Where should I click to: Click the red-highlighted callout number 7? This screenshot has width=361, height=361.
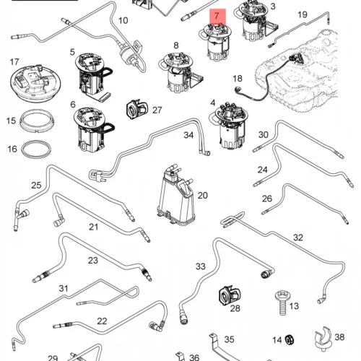pos(217,16)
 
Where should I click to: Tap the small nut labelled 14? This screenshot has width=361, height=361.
pos(288,340)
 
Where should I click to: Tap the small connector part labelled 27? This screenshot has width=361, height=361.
pos(136,109)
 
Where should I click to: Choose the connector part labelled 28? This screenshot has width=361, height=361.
pos(230,295)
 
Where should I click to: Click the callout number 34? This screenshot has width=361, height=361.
pos(188,135)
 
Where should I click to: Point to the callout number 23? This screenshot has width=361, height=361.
pos(93,260)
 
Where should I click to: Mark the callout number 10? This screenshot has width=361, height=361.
pos(123,20)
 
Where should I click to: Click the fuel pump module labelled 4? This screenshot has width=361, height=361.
pos(228,126)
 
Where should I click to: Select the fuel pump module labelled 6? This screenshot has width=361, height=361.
pos(94,130)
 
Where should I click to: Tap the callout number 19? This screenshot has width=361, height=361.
pos(303,14)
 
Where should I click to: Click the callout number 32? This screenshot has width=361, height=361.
pos(298,238)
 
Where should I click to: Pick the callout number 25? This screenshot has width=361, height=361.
pos(36,185)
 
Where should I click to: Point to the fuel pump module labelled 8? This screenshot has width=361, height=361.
pos(180,72)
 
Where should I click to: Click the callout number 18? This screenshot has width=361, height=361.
pos(238,79)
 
